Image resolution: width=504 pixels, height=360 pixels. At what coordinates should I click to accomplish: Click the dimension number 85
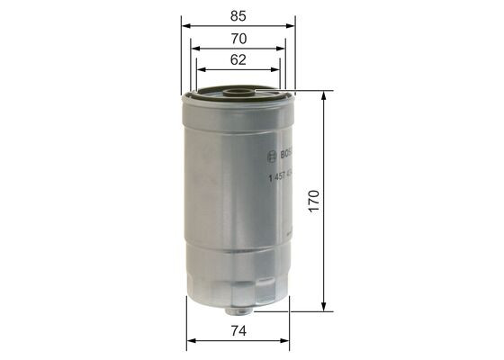[x=238, y=15]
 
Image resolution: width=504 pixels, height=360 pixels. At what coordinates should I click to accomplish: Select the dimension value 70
[x=238, y=40]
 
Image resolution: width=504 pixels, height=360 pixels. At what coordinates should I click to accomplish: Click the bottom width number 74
[x=238, y=330]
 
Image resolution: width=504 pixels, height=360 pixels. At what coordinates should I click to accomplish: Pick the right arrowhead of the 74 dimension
[x=286, y=342]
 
